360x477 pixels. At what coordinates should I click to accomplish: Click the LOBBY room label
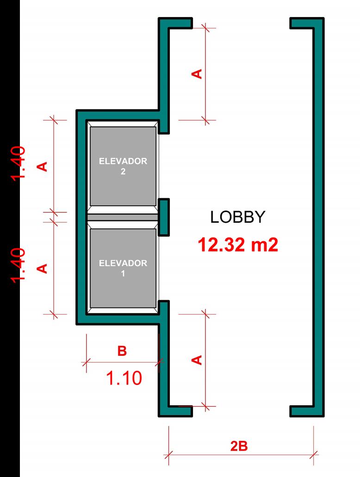coord(238,217)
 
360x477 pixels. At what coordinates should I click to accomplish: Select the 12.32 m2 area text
coord(238,245)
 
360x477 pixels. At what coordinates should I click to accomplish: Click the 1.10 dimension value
coord(124,379)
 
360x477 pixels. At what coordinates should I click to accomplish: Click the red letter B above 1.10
coord(122,351)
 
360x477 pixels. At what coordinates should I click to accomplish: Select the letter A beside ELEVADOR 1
coord(43,268)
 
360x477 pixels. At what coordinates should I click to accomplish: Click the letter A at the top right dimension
coord(198,74)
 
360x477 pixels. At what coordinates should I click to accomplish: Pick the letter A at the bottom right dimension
coord(198,359)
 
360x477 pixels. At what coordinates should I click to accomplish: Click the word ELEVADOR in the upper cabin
coord(123,162)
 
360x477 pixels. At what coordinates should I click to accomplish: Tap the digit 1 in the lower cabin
coord(123,273)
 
